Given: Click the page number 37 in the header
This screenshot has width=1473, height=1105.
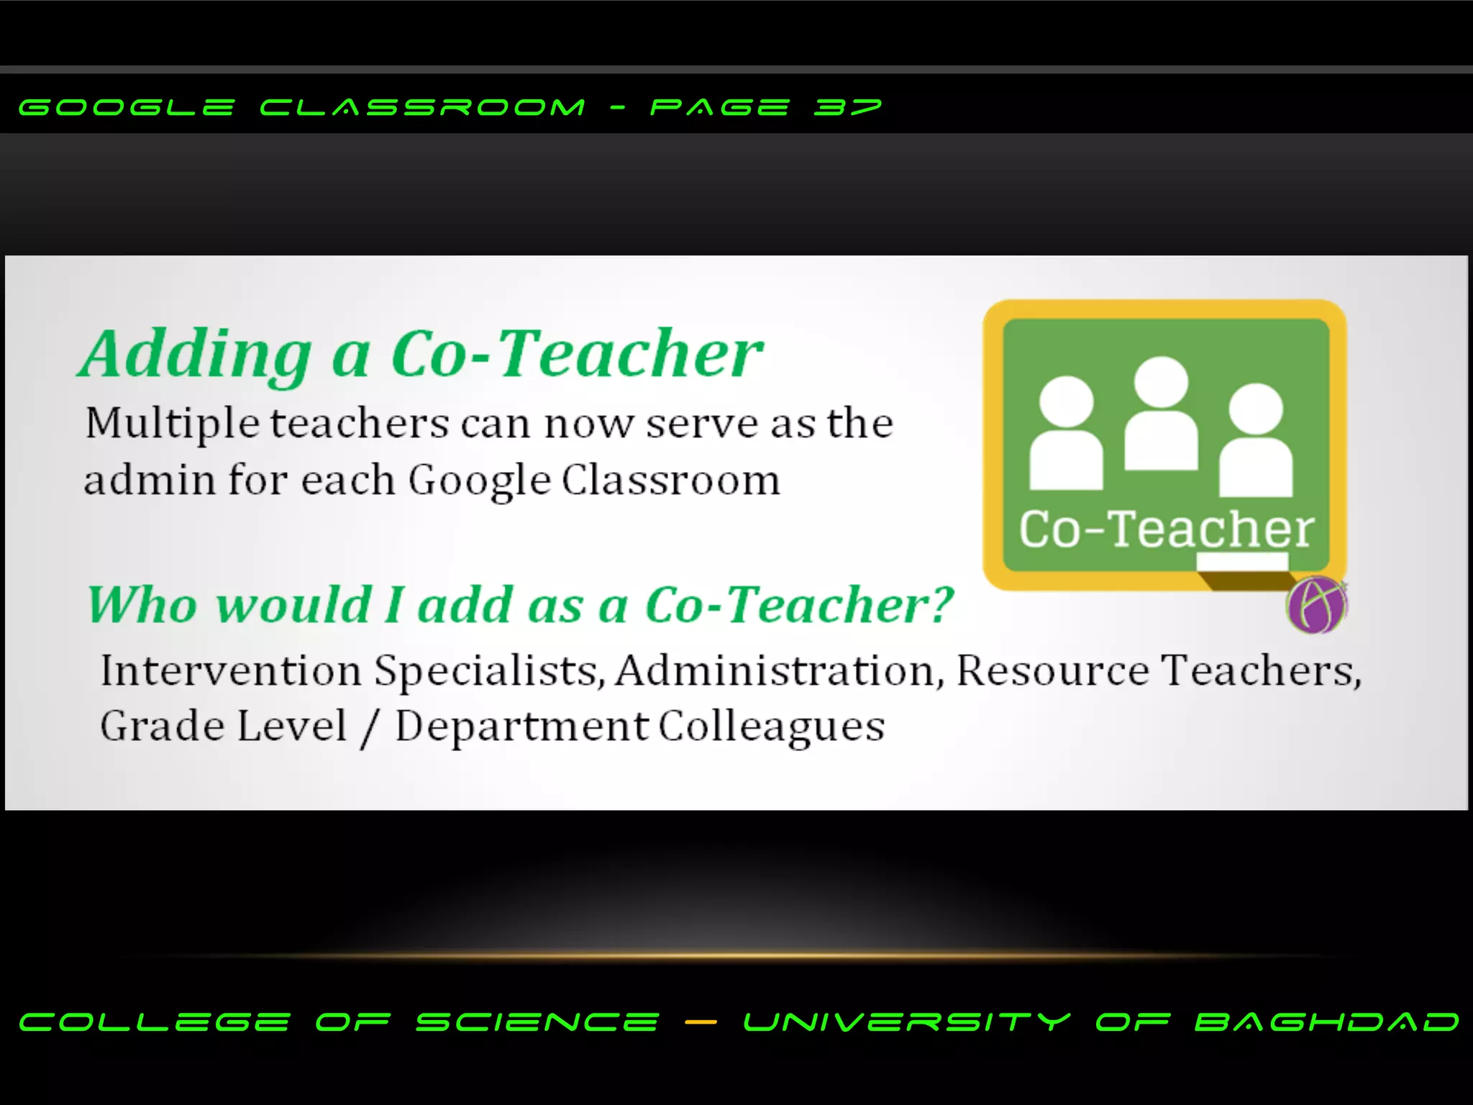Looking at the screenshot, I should [x=847, y=108].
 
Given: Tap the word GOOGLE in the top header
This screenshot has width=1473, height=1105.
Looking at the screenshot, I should [x=127, y=108].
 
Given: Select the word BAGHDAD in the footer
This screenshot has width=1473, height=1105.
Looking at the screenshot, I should [x=1327, y=1022].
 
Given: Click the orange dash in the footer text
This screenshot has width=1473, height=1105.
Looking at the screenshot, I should [x=701, y=1022].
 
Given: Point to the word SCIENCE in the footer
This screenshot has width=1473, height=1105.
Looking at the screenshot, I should [x=537, y=1022].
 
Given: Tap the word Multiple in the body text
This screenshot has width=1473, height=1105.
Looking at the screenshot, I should [x=172, y=424].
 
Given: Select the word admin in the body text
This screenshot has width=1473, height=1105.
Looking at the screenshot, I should [x=149, y=480].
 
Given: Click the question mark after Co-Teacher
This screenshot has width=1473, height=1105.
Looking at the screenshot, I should [x=941, y=604].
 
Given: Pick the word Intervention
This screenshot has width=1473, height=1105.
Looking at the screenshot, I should [x=231, y=670].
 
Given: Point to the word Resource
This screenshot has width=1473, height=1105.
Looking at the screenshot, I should [x=1053, y=670].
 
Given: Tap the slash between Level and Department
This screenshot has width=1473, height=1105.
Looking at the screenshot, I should [x=370, y=727].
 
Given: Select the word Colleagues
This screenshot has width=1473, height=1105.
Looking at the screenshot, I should [x=772, y=727].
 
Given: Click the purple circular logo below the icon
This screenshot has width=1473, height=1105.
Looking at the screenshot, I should [x=1315, y=605].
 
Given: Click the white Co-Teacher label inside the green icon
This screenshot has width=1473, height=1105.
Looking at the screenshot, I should [x=1166, y=529].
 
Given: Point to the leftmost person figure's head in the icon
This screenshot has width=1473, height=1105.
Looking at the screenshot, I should [x=1066, y=401].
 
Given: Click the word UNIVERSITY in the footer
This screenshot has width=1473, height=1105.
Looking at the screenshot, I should [x=907, y=1022].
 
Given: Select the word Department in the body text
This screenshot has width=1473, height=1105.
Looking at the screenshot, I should [x=522, y=727].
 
